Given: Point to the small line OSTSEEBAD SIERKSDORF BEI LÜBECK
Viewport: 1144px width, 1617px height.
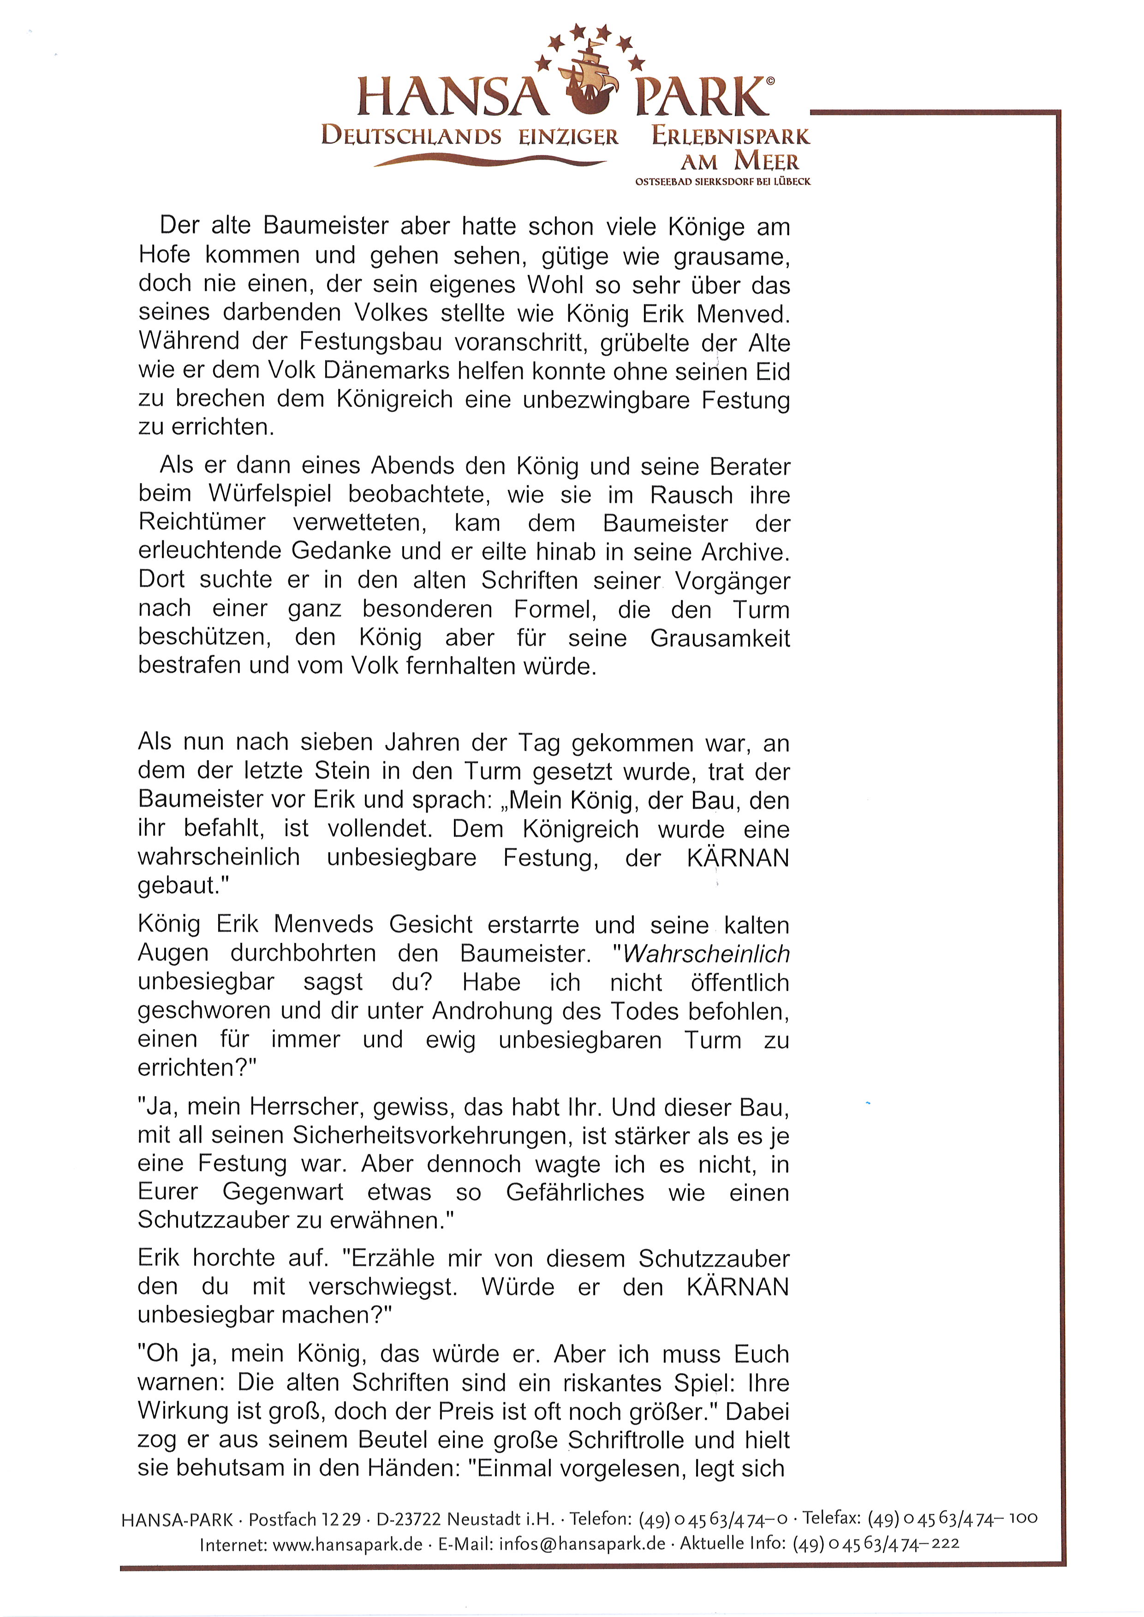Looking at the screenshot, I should point(723,182).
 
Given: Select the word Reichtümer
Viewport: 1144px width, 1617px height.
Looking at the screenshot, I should point(202,522).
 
